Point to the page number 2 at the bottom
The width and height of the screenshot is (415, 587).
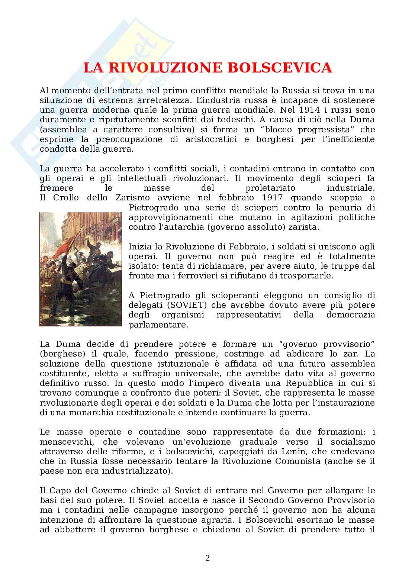207,558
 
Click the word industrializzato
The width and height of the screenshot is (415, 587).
138,471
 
